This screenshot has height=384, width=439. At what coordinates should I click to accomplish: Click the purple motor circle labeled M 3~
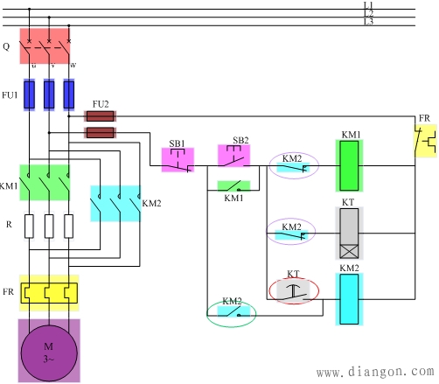(49, 353)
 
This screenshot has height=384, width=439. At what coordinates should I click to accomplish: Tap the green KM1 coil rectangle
(349, 165)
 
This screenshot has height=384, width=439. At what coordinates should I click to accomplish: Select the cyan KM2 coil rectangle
(349, 299)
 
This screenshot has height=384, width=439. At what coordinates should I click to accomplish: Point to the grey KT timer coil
(349, 234)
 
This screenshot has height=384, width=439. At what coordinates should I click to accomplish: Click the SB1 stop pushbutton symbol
(178, 160)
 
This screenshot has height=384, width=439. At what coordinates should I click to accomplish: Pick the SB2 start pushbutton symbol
(233, 156)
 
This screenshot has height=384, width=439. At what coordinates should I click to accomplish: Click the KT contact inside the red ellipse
(293, 291)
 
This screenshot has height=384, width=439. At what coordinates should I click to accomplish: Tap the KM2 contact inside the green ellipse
(233, 311)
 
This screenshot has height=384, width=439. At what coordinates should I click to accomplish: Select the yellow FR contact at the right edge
(426, 141)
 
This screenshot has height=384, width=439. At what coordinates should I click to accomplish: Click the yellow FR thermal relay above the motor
(49, 293)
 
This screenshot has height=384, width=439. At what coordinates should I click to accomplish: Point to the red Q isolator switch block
(45, 45)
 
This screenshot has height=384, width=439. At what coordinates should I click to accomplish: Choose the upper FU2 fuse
(100, 116)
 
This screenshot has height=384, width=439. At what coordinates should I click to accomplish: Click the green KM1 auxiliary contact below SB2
(233, 186)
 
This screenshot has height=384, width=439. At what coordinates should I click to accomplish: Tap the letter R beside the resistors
(9, 225)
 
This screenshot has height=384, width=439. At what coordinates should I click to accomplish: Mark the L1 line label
(368, 5)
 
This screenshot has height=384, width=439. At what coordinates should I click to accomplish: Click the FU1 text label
(10, 95)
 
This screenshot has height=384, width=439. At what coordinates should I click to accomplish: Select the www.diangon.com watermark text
(375, 372)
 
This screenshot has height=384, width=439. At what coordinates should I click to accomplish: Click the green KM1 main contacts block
(45, 183)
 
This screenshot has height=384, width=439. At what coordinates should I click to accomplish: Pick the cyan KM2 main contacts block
(115, 204)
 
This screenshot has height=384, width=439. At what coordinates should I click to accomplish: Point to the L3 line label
(368, 21)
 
